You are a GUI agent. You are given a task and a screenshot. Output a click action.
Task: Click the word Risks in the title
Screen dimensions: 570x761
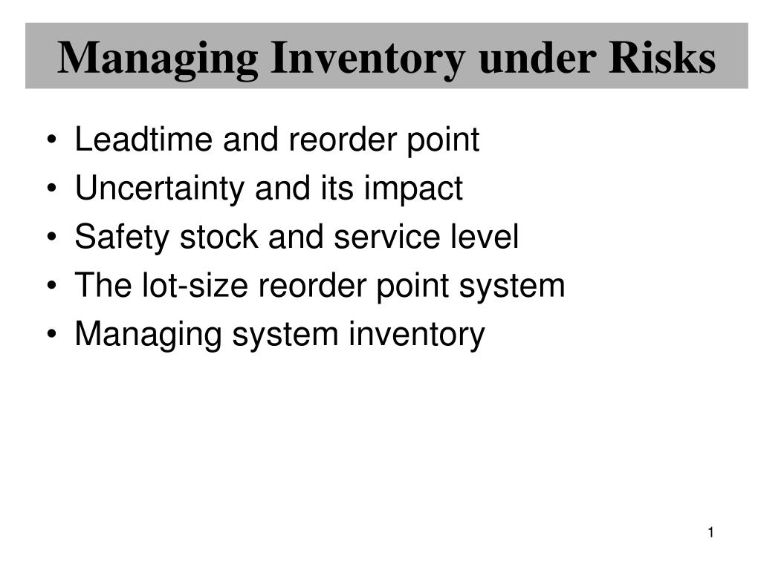[x=662, y=58]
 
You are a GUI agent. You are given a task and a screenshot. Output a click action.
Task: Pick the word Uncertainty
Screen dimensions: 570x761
[x=160, y=189]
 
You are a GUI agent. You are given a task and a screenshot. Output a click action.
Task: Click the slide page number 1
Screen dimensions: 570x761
[x=710, y=532]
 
